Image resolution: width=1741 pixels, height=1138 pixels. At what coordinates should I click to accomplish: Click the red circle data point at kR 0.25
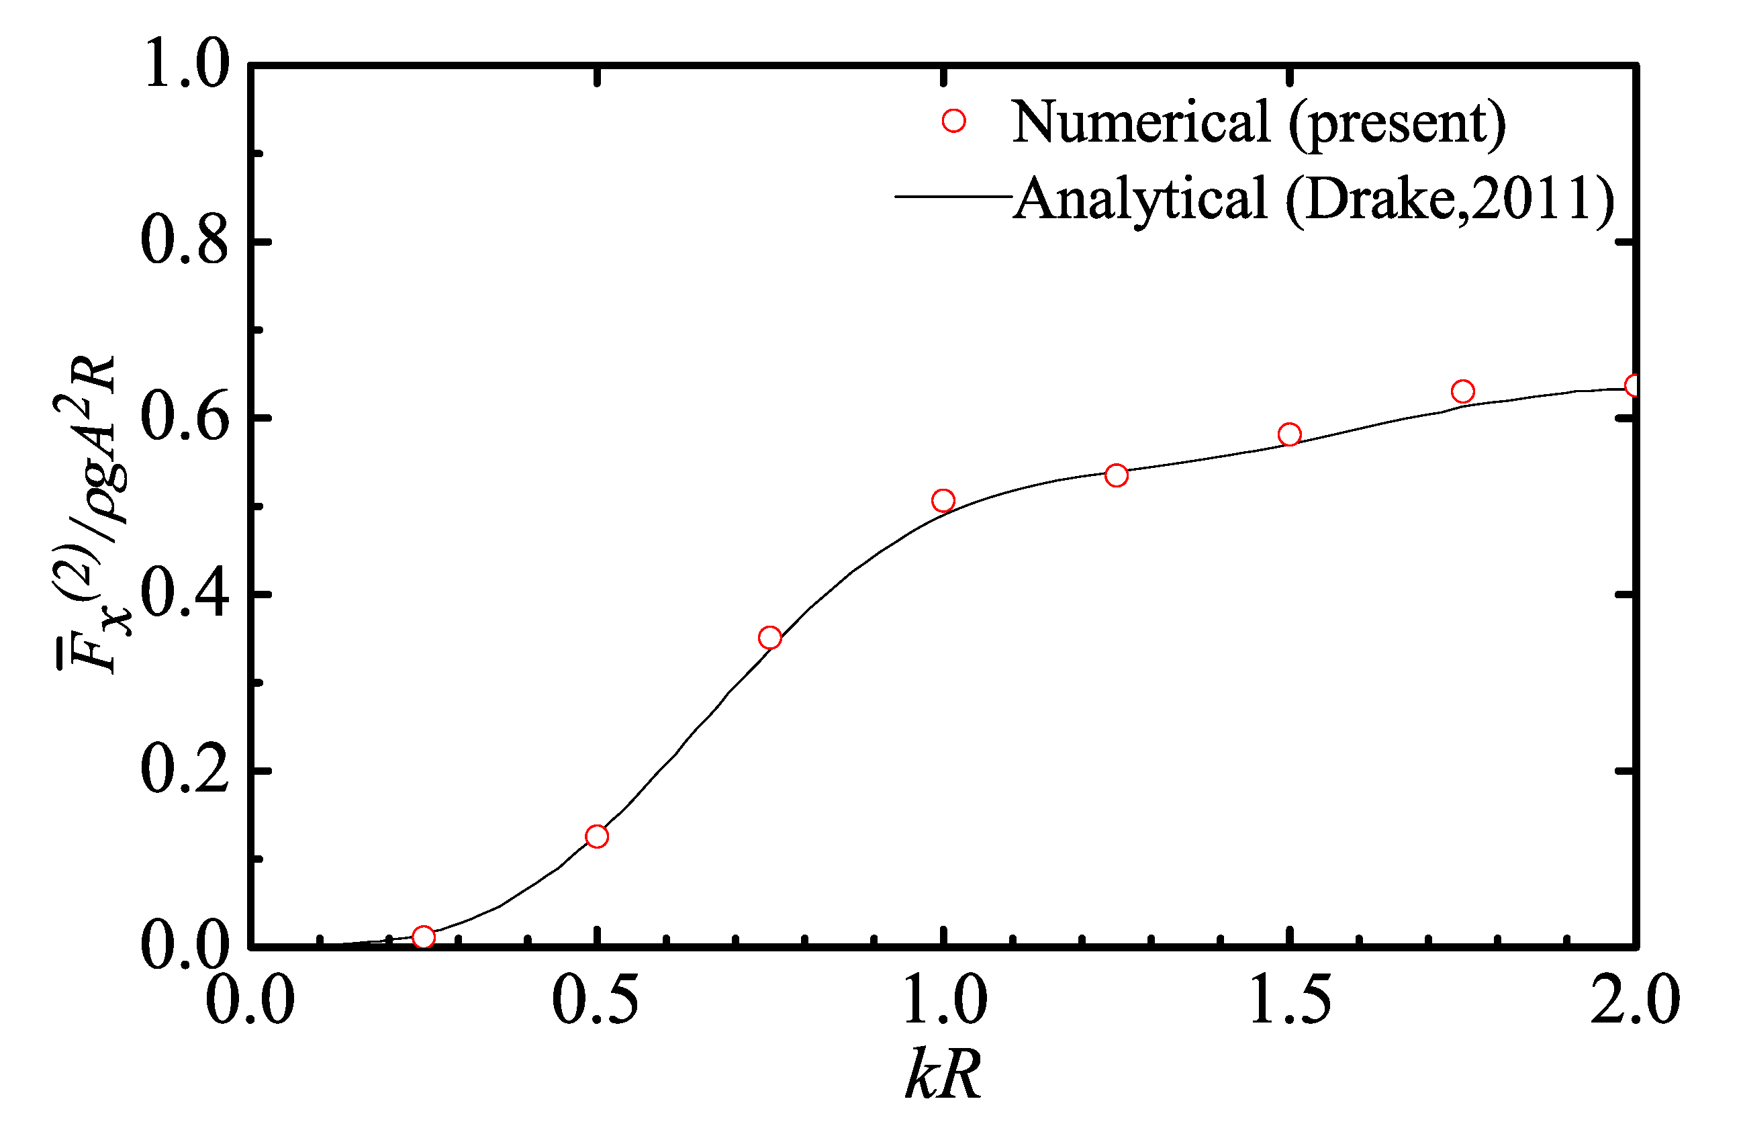[424, 937]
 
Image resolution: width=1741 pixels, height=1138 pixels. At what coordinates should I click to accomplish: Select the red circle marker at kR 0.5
[597, 836]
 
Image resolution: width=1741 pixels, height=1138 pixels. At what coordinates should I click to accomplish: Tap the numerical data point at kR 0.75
[769, 638]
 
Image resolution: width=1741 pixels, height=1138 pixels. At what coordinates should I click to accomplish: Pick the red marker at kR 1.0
[943, 500]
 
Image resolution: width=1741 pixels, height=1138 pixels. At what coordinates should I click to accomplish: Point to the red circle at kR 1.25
[1117, 475]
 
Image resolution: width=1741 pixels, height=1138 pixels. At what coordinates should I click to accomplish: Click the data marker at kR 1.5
[1289, 434]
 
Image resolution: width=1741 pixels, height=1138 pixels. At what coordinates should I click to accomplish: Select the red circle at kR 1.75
[1462, 391]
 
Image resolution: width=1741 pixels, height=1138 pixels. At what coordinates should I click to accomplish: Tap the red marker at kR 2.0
[1634, 385]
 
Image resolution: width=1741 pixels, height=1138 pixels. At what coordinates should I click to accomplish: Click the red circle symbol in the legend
[954, 120]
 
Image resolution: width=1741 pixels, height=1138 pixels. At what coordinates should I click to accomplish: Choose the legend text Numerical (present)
[1258, 122]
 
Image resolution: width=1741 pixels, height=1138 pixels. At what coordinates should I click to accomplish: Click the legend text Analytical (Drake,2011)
[1314, 199]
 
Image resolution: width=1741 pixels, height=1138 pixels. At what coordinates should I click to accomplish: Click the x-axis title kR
[943, 1074]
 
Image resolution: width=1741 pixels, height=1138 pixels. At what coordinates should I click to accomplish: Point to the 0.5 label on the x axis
[596, 999]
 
